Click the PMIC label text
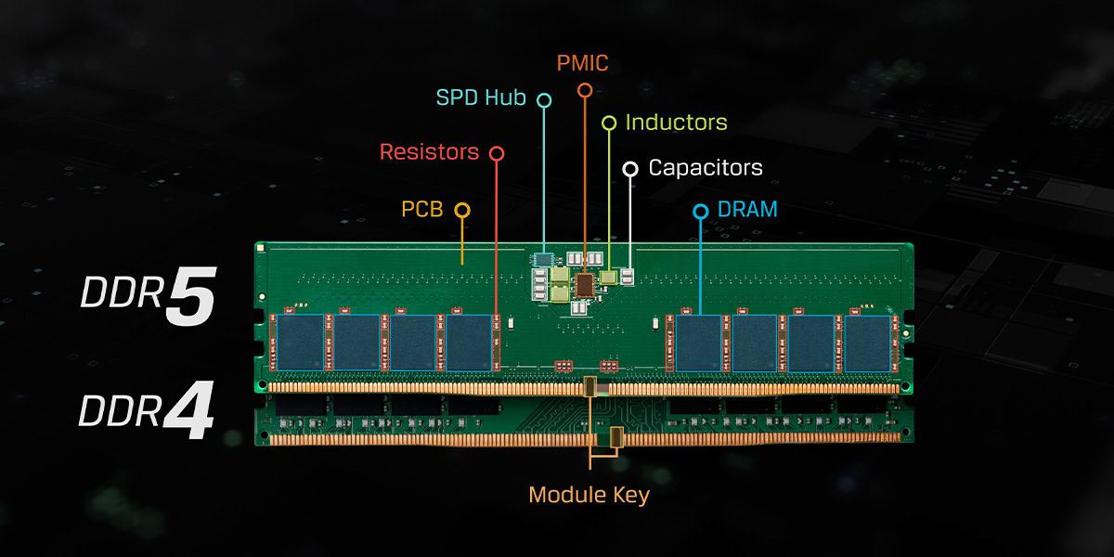pos(583,64)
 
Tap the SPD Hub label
pos(482,97)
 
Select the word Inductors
pos(676,123)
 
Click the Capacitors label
pos(706,168)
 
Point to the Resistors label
pos(429,151)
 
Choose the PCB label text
pos(421,209)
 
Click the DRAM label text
pos(747,210)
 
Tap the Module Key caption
pos(589,495)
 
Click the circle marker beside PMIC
pos(584,90)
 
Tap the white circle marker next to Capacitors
pos(630,169)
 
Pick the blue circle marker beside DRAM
pos(701,212)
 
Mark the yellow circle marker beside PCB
pos(461,210)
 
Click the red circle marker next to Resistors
pos(497,152)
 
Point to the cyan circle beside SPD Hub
pos(544,98)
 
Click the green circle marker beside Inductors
pos(609,123)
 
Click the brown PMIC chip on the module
pos(586,283)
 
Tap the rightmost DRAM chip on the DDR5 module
pos(866,342)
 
